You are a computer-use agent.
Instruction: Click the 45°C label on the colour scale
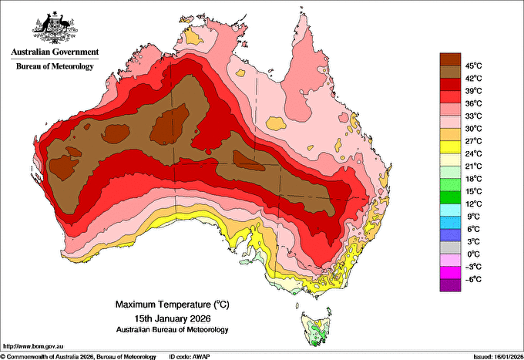point(473,66)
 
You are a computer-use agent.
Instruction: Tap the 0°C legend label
point(473,254)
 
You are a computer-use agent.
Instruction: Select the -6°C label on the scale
point(473,279)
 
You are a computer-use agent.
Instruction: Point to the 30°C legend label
point(473,129)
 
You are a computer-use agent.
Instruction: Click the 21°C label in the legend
point(473,167)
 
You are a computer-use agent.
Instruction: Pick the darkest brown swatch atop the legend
point(450,59)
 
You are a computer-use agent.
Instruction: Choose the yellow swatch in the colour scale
point(450,147)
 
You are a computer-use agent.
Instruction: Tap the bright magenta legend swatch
point(450,273)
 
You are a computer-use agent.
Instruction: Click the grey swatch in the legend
point(450,247)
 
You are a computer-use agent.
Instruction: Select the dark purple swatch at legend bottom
point(450,285)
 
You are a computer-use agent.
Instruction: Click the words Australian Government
point(55,52)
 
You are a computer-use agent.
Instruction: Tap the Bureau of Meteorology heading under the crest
point(55,66)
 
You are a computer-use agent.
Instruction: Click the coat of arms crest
point(55,28)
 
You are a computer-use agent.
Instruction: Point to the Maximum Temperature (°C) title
point(173,304)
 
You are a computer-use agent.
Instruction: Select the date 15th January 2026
point(173,318)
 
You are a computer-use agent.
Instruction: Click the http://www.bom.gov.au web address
point(33,346)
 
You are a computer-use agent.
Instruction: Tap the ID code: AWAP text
point(190,357)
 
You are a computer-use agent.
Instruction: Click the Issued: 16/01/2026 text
point(499,357)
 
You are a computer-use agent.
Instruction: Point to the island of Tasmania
point(316,328)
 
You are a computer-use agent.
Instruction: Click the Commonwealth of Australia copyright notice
point(79,357)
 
